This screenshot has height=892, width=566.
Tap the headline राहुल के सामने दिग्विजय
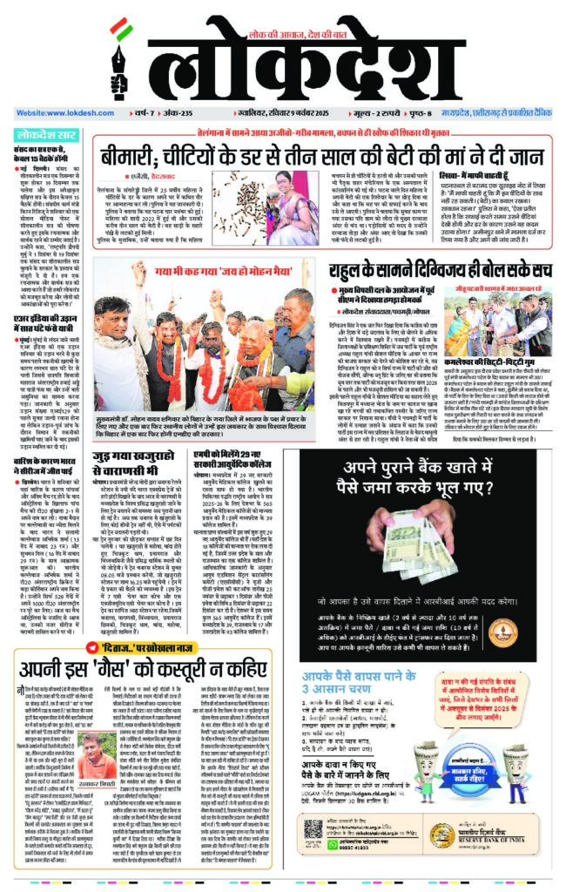point(443,272)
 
